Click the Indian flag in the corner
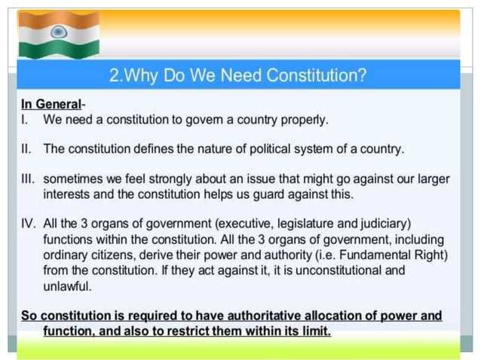coord(59,34)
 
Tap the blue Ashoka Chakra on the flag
coord(59,32)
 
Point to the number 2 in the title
coord(115,75)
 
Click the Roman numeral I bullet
coord(24,119)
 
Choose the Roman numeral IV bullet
coord(29,224)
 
